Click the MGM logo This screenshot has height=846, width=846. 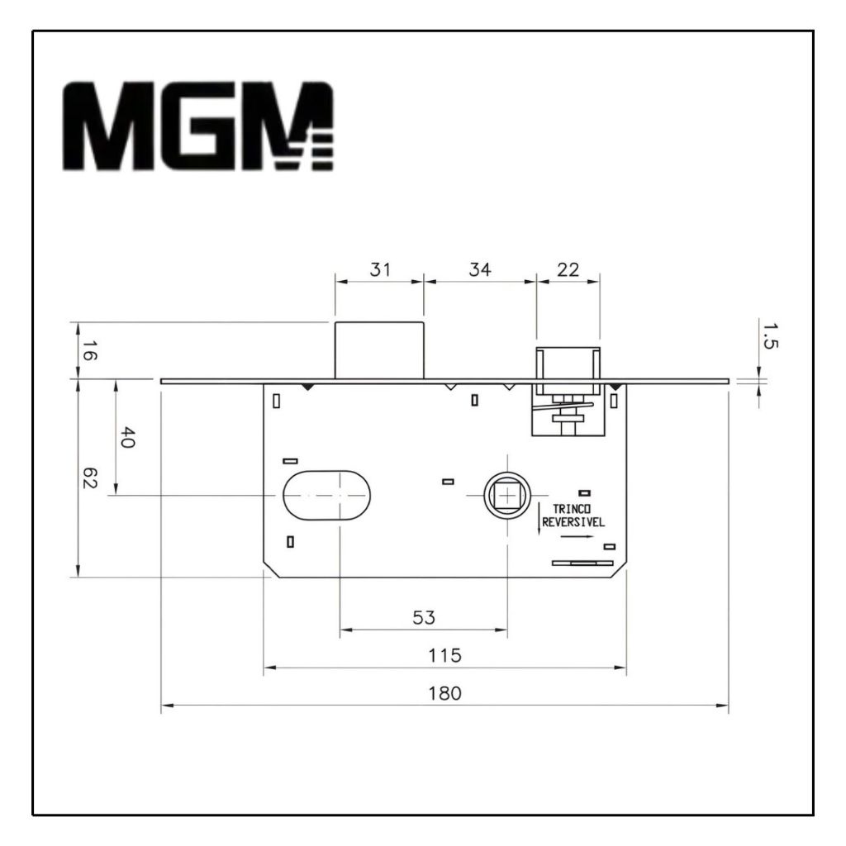point(198,126)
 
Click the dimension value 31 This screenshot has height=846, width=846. point(380,269)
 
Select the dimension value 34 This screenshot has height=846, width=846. point(480,269)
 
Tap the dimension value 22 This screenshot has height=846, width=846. point(568,269)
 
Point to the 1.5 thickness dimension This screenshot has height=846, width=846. point(770,335)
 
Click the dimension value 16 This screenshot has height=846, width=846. point(89,350)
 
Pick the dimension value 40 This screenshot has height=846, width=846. point(127,437)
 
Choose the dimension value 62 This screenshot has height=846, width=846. point(89,478)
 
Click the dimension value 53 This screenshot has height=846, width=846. point(424,617)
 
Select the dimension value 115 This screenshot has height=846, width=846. point(445,655)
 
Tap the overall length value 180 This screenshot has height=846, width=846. point(445,693)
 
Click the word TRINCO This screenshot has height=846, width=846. point(572,509)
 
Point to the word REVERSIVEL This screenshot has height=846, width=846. point(573,522)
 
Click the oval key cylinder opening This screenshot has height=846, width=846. point(327,496)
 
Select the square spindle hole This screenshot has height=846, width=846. point(508,494)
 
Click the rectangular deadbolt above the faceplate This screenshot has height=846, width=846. point(379,350)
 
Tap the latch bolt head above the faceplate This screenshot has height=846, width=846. point(568,364)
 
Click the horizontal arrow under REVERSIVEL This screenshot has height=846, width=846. point(577,537)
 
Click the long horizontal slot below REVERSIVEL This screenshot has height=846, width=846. point(582,563)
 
